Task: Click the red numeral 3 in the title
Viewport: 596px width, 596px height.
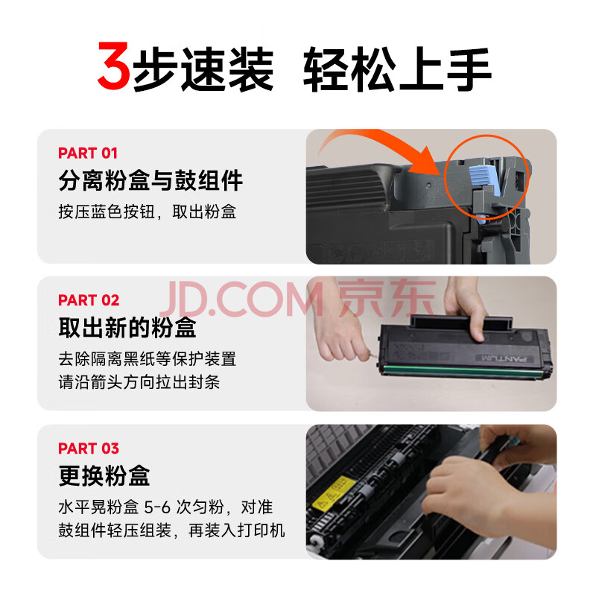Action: [114, 66]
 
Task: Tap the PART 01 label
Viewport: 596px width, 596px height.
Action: [88, 153]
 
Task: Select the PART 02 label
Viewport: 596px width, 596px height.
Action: [89, 300]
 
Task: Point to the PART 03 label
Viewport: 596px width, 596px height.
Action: [89, 448]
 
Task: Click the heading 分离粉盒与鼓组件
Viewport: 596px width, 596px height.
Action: [150, 180]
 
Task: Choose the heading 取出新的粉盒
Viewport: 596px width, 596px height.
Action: [127, 328]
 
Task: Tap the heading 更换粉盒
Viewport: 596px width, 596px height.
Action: [104, 476]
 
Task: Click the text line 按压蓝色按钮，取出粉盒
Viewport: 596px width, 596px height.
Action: [148, 212]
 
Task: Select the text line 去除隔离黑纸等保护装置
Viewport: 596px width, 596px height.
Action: [148, 359]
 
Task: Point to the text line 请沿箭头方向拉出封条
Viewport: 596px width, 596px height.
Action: [139, 382]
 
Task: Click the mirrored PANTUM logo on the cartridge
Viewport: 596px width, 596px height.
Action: [504, 358]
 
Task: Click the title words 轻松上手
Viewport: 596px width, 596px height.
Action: [397, 69]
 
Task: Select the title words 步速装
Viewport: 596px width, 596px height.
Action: [203, 69]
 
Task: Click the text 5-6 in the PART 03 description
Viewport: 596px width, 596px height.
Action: [157, 507]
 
